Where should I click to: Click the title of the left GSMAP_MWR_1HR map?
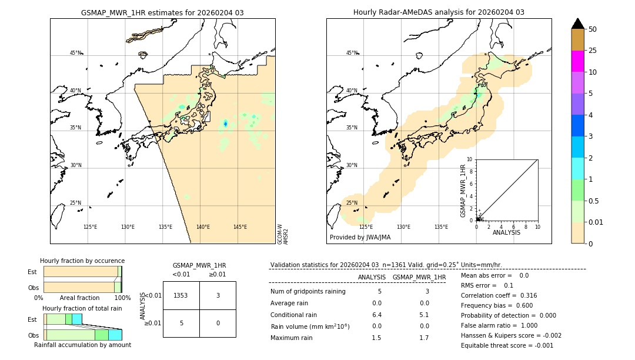tap(162, 12)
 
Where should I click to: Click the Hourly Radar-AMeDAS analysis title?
tap(439, 12)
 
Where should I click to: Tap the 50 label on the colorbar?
tap(593, 29)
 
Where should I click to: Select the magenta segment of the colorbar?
tap(577, 61)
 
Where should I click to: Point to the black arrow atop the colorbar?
tap(577, 24)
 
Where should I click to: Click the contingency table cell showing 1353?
tap(181, 295)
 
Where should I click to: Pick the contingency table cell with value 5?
tap(181, 323)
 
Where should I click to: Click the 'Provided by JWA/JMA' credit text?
tap(360, 237)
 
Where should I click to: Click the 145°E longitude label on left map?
tap(240, 227)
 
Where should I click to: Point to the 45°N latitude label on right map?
tap(352, 53)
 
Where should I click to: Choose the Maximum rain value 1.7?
tap(424, 338)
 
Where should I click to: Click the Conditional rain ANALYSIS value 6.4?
tap(377, 315)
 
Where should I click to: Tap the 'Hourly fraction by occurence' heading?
tap(82, 261)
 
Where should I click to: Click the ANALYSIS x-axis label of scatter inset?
tap(507, 232)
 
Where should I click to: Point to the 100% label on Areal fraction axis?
tap(122, 298)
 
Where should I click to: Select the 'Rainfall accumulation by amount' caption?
tap(82, 345)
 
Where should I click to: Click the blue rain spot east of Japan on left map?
tap(225, 124)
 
